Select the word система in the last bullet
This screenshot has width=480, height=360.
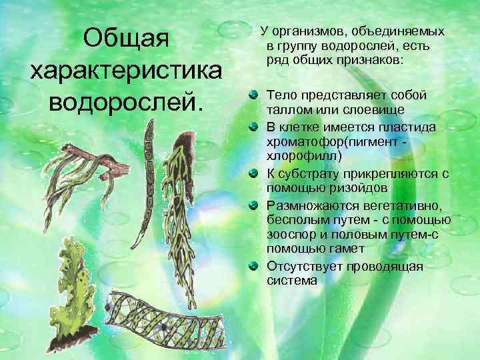coord(292,281)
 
